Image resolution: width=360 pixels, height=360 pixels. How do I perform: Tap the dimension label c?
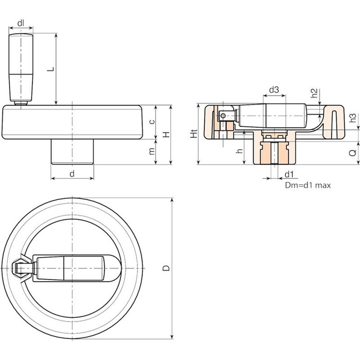151,122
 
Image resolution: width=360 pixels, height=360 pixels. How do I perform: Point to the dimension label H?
165,135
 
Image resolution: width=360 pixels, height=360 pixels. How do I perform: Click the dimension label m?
151,152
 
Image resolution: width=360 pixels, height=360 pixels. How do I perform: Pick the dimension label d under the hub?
72,173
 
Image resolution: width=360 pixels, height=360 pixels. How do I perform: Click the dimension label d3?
274,89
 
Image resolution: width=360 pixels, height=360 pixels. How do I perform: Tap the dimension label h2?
315,92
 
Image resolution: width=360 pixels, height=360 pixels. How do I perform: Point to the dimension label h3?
354,118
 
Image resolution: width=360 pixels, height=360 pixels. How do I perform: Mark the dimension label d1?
289,174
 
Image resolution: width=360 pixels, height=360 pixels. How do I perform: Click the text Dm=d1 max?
308,185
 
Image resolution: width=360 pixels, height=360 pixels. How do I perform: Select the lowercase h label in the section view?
239,151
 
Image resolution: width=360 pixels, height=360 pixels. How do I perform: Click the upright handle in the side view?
20,68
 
